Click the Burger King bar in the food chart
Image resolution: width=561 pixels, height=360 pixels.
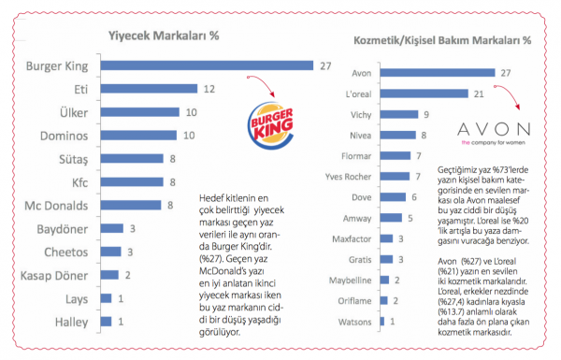tap(207, 65)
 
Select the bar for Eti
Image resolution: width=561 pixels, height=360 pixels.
tap(149, 89)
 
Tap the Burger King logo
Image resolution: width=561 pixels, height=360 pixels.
tap(271, 125)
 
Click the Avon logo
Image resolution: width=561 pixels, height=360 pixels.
tap(494, 134)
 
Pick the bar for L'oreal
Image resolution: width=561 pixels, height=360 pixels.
tap(424, 94)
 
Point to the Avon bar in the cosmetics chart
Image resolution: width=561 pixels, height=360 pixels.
tap(438, 73)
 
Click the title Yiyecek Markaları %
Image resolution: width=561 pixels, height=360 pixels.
tap(164, 36)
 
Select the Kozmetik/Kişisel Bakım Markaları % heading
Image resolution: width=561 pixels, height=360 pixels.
tap(442, 40)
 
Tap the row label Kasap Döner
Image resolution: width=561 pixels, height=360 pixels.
tap(54, 276)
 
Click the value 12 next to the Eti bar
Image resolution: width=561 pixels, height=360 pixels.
tap(209, 89)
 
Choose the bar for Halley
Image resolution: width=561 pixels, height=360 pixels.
tap(106, 322)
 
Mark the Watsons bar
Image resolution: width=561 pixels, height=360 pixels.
tap(382, 322)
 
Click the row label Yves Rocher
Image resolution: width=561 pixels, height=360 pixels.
tap(348, 177)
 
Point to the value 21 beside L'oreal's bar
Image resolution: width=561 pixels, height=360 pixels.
tap(479, 94)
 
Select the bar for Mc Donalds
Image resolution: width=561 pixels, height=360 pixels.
tap(131, 205)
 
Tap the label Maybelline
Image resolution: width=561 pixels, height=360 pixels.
tap(351, 281)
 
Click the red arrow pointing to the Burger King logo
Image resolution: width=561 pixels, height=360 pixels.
tap(263, 83)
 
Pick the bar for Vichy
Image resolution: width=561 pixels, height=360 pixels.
tap(399, 114)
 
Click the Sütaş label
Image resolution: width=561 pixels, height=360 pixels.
tap(73, 160)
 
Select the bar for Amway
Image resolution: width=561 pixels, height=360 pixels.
tap(391, 218)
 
